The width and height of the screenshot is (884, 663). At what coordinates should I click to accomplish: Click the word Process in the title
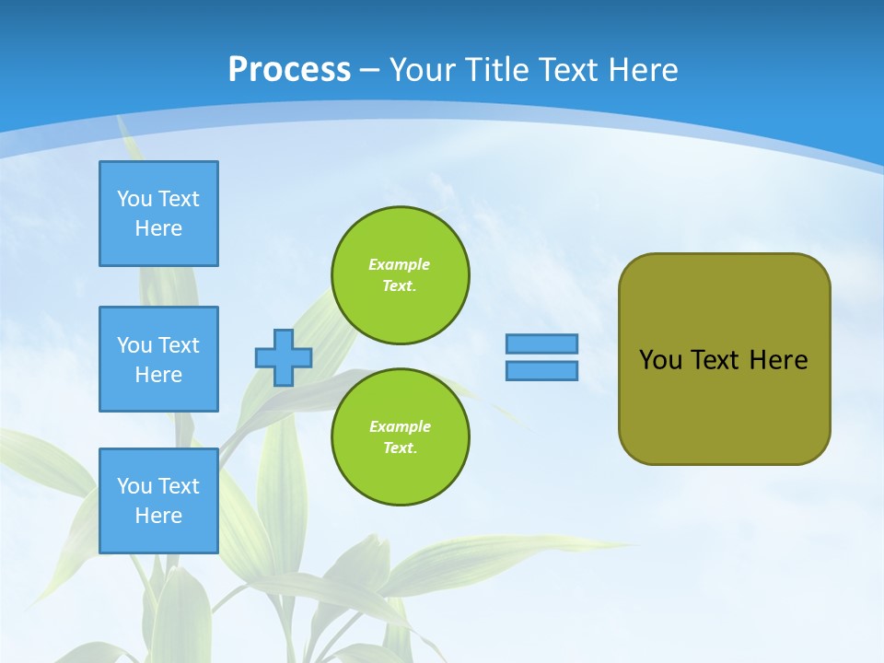pyautogui.click(x=289, y=70)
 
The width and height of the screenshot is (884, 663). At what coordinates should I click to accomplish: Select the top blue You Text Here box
pyautogui.click(x=158, y=214)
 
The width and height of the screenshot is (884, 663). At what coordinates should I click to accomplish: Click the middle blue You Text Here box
pyautogui.click(x=158, y=359)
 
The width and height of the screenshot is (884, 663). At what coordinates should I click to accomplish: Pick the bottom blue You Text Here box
pyautogui.click(x=158, y=501)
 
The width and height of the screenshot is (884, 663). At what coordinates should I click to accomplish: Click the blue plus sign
pyautogui.click(x=284, y=357)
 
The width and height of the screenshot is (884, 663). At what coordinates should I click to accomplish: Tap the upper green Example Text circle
pyautogui.click(x=400, y=275)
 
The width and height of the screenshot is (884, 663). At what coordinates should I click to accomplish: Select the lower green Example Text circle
pyautogui.click(x=400, y=437)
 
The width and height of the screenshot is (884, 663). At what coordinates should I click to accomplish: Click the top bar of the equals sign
pyautogui.click(x=541, y=343)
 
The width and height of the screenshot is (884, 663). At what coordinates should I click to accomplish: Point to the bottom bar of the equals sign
pyautogui.click(x=541, y=371)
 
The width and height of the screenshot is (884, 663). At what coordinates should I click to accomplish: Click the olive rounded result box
pyautogui.click(x=724, y=396)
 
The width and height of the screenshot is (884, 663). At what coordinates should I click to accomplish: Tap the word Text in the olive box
pyautogui.click(x=717, y=360)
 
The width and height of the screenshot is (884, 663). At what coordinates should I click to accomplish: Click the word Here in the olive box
pyautogui.click(x=778, y=360)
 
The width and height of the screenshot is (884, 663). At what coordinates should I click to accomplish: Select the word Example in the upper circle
pyautogui.click(x=399, y=264)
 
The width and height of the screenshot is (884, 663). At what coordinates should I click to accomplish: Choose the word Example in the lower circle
pyautogui.click(x=400, y=426)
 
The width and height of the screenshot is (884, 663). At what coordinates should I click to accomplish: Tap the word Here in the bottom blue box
pyautogui.click(x=158, y=516)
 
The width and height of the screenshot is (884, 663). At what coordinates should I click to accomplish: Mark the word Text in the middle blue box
pyautogui.click(x=178, y=345)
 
